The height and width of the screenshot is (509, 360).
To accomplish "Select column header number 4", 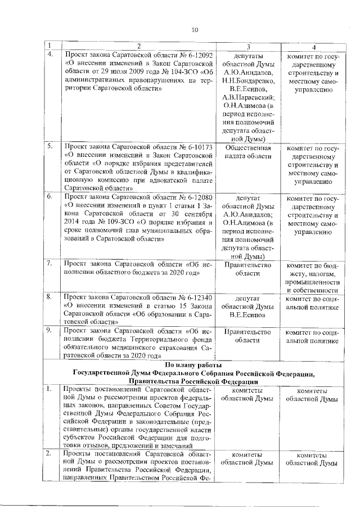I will pyautogui.click(x=313, y=46).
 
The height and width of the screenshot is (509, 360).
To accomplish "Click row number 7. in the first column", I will pyautogui.click(x=50, y=263).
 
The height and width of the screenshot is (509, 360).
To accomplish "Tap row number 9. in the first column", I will pyautogui.click(x=50, y=332).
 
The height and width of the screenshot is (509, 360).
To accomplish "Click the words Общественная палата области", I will pyautogui.click(x=248, y=153).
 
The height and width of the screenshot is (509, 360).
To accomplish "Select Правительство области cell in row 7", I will pyautogui.click(x=248, y=269).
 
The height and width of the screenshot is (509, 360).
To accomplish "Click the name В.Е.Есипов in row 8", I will pyautogui.click(x=248, y=314).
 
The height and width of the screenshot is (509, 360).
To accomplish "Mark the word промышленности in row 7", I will pyautogui.click(x=313, y=281).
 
